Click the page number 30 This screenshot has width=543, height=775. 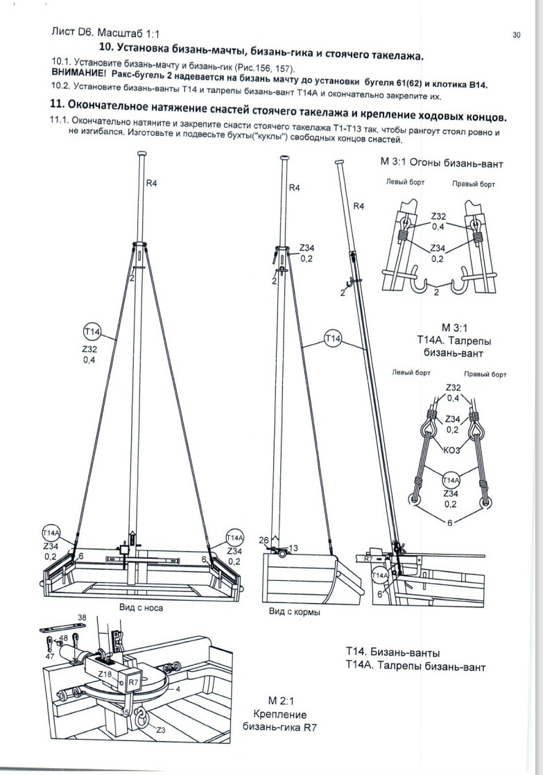tap(516, 35)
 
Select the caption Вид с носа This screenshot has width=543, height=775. tap(141, 608)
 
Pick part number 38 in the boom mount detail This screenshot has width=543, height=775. tap(82, 616)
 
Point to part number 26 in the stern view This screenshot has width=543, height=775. tap(264, 539)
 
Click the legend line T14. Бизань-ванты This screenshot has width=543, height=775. tap(393, 652)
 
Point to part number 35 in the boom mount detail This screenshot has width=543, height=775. tap(124, 711)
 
